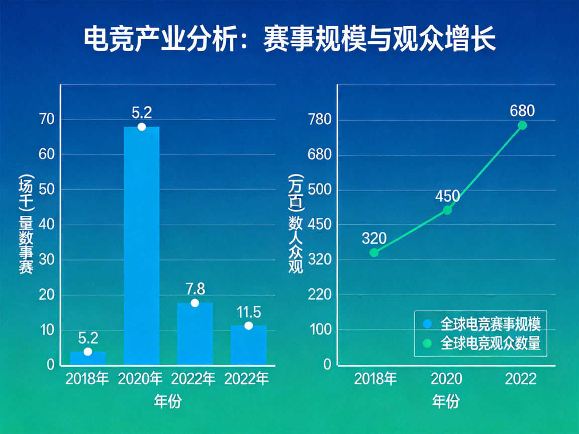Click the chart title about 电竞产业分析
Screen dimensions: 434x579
pos(289,40)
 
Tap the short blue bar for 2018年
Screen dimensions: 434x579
pos(87,358)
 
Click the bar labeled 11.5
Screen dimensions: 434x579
pos(248,345)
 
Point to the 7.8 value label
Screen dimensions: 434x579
pos(195,289)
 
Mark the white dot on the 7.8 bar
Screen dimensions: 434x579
pos(195,303)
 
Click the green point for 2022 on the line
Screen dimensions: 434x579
pos(523,125)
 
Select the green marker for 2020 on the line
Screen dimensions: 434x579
pos(447,210)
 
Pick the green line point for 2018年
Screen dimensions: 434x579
pos(374,252)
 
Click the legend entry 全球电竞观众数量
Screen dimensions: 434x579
pos(483,343)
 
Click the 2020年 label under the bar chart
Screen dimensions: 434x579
pos(141,379)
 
